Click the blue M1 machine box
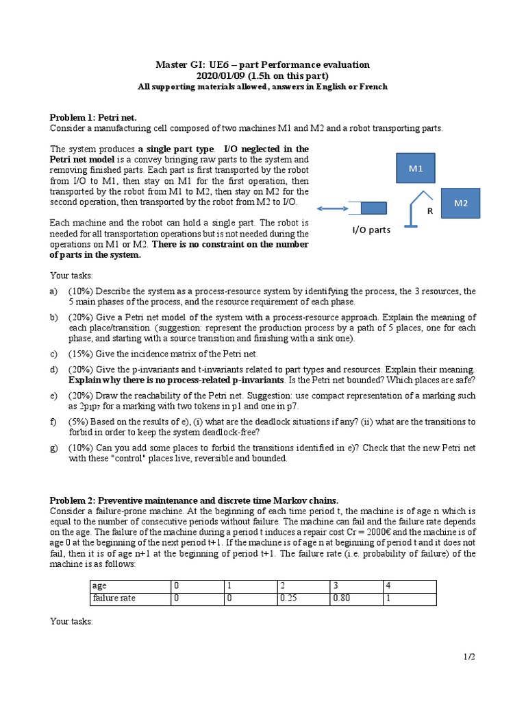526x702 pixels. point(416,169)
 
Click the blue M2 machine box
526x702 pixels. point(460,204)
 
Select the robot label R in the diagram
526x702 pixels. point(430,212)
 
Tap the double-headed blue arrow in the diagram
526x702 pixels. point(331,208)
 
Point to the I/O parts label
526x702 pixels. point(371,230)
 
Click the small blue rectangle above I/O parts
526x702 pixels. point(373,208)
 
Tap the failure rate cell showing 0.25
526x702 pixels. point(287,598)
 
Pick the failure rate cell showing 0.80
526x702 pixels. point(340,598)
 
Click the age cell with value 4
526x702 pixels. point(388,585)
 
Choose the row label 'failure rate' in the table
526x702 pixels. point(114,598)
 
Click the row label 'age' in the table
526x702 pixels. point(100,585)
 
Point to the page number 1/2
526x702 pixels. point(468,657)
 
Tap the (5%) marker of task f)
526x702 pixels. point(79,422)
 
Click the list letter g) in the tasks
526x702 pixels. point(54,447)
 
